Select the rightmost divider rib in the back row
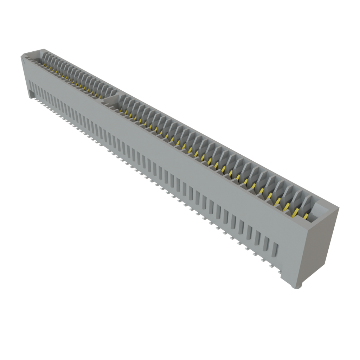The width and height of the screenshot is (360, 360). pos(309,203)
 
